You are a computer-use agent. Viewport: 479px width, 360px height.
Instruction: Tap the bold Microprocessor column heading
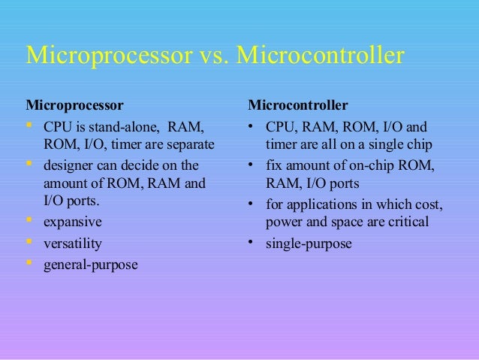(x=75, y=103)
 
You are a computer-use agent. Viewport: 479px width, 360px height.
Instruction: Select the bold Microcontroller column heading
(x=298, y=103)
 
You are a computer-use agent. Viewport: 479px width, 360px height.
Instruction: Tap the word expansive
(x=73, y=222)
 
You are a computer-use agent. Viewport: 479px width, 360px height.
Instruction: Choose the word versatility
(x=73, y=244)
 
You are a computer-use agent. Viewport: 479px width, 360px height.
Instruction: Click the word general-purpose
(x=91, y=265)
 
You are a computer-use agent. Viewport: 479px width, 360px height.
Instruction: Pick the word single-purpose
(x=309, y=244)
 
